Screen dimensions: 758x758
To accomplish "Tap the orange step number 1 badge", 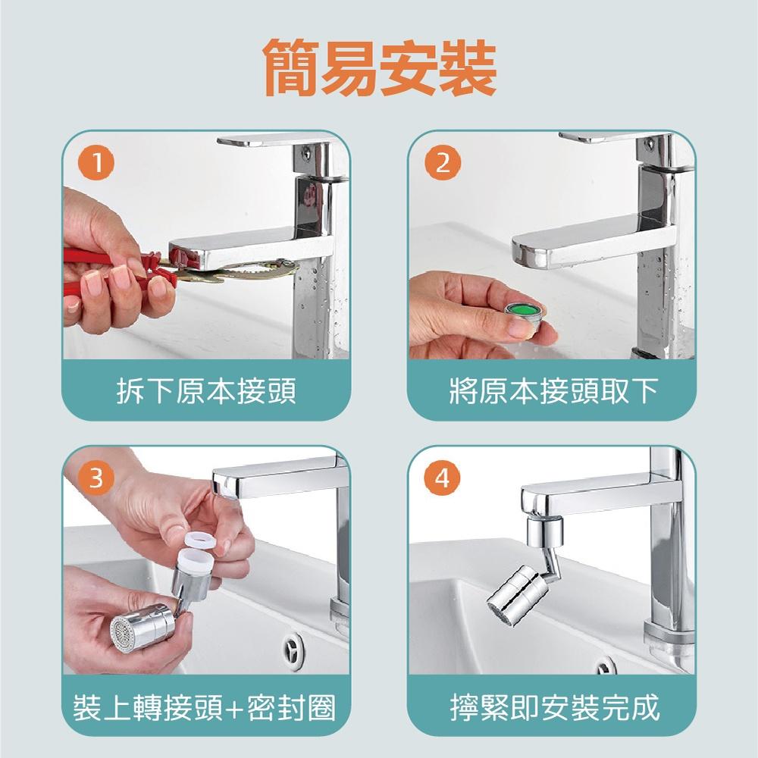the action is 97,162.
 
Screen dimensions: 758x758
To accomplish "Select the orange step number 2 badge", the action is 443,162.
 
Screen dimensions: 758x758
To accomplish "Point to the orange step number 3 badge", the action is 97,478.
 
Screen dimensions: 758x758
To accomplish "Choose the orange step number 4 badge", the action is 443,478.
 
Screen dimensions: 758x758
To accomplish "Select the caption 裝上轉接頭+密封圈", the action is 205,707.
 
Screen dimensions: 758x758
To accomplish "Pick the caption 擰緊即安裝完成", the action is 555,707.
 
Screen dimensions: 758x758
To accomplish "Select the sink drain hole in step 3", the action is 293,647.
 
